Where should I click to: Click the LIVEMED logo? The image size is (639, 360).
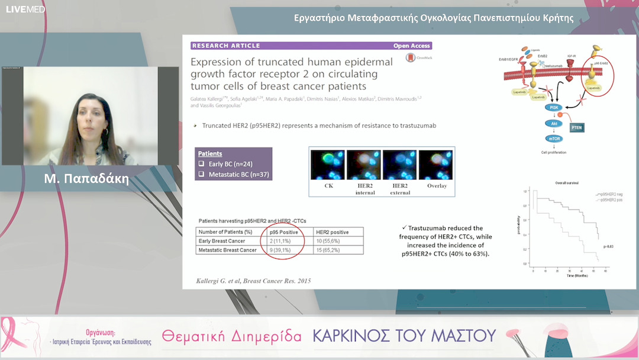pos(25,9)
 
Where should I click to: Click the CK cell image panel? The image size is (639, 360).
pos(328,165)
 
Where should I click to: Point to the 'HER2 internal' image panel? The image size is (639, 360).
pos(364,165)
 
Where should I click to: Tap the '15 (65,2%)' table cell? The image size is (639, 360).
pos(334,250)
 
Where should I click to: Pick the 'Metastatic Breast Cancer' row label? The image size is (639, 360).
pos(228,250)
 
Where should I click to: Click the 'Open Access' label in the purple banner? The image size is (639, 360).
pos(412,46)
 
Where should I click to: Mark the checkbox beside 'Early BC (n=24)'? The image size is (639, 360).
pos(201,164)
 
